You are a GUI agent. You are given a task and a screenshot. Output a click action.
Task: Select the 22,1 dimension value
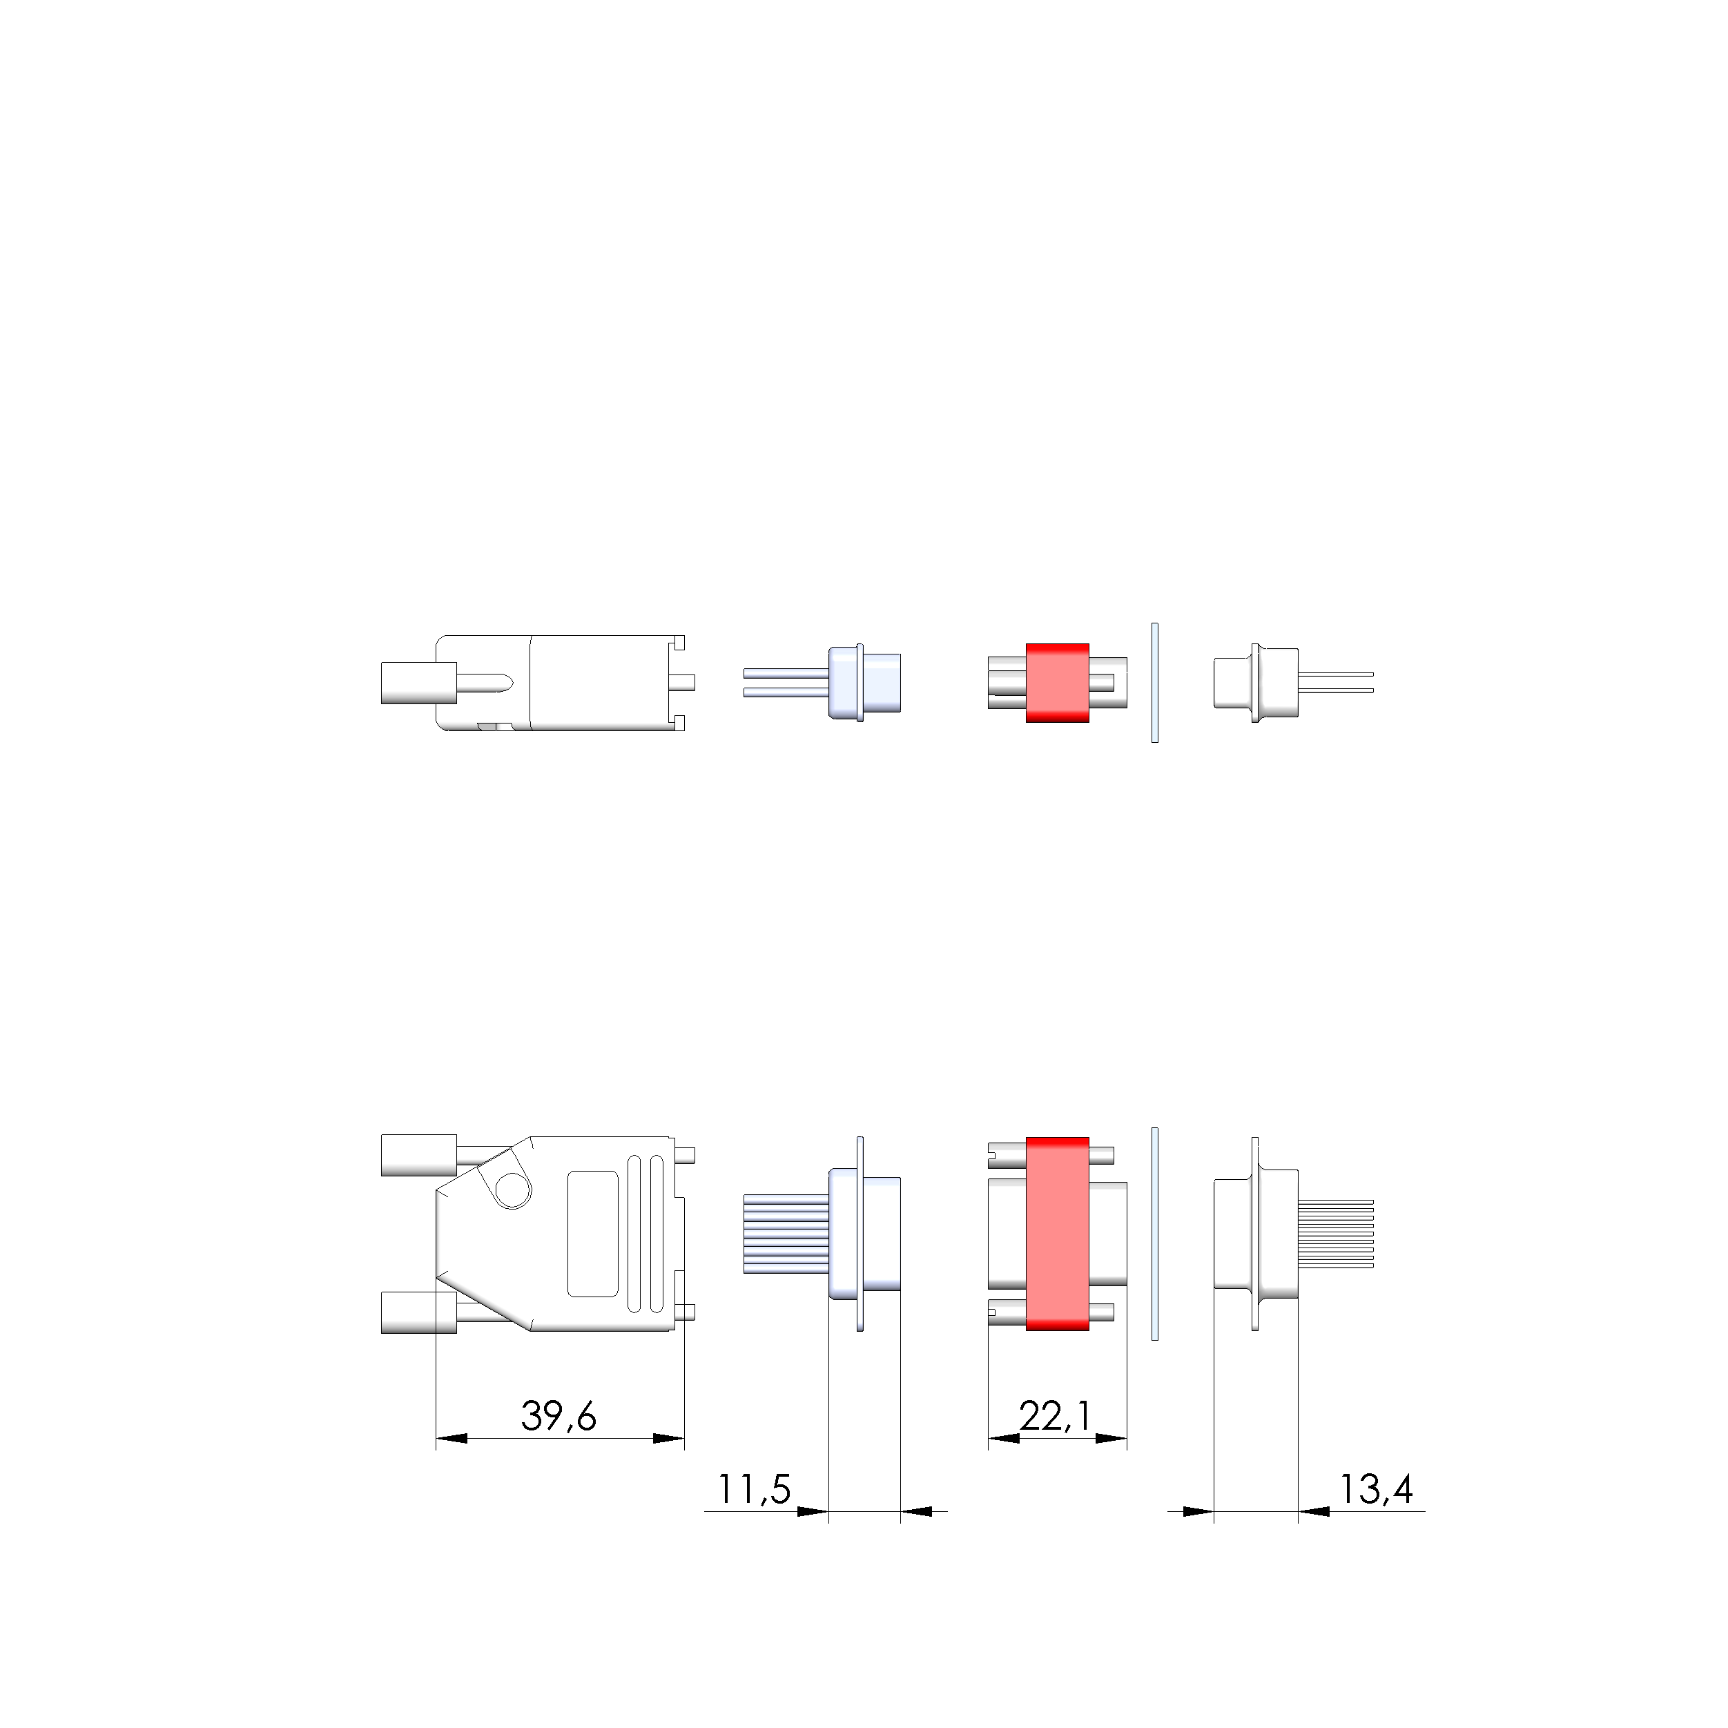click(1056, 1416)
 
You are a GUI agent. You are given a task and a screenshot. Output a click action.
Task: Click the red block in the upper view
click(1057, 683)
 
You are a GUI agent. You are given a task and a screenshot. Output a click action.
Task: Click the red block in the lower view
click(1057, 1234)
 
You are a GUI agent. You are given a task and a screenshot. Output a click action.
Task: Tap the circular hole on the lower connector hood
click(512, 1190)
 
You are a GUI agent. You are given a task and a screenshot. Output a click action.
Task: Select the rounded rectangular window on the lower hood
click(593, 1234)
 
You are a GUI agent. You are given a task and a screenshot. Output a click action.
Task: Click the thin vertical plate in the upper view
click(1155, 683)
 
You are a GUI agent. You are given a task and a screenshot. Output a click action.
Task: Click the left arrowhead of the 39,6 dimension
click(452, 1438)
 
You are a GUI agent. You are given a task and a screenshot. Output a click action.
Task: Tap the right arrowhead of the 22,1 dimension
click(1110, 1438)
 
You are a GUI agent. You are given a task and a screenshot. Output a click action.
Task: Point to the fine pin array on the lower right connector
click(1335, 1234)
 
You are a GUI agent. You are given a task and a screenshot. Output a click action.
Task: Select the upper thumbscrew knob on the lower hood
click(418, 1155)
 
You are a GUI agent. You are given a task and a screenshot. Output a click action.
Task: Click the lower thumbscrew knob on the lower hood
click(418, 1313)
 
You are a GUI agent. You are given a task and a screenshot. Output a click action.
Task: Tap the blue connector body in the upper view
click(866, 683)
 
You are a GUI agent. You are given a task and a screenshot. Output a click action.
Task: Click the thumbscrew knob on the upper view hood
click(418, 683)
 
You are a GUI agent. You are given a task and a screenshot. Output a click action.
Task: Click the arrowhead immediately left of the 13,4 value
click(1314, 1511)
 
